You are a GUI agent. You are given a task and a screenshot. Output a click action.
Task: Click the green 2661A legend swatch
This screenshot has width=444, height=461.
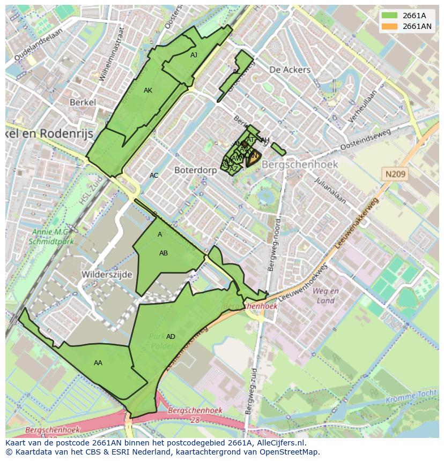[x=390, y=16]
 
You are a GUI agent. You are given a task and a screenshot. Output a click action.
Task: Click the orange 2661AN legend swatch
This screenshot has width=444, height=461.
[x=390, y=26]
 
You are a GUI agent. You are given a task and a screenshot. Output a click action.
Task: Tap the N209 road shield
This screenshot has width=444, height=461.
[x=395, y=174]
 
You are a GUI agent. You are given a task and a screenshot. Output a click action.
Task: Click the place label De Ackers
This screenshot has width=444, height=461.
[x=290, y=70]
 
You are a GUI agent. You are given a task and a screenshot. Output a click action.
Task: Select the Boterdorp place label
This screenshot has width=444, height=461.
[x=195, y=170]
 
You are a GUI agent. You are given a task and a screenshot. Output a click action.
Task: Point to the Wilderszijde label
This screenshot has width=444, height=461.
[x=106, y=274]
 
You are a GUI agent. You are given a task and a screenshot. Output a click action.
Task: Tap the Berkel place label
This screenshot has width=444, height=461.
[x=83, y=102]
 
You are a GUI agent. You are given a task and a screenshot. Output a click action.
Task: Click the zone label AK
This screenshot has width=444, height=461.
[x=148, y=90]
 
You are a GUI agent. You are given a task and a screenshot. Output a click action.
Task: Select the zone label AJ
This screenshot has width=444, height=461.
[x=194, y=55]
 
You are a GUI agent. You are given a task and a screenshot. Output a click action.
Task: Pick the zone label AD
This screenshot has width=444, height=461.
[x=171, y=337]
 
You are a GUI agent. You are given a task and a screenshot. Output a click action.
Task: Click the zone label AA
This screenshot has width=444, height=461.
[x=98, y=363]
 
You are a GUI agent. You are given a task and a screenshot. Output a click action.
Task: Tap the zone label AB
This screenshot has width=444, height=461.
[x=164, y=253]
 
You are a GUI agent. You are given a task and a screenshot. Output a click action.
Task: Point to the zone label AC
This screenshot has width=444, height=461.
[x=154, y=176]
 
